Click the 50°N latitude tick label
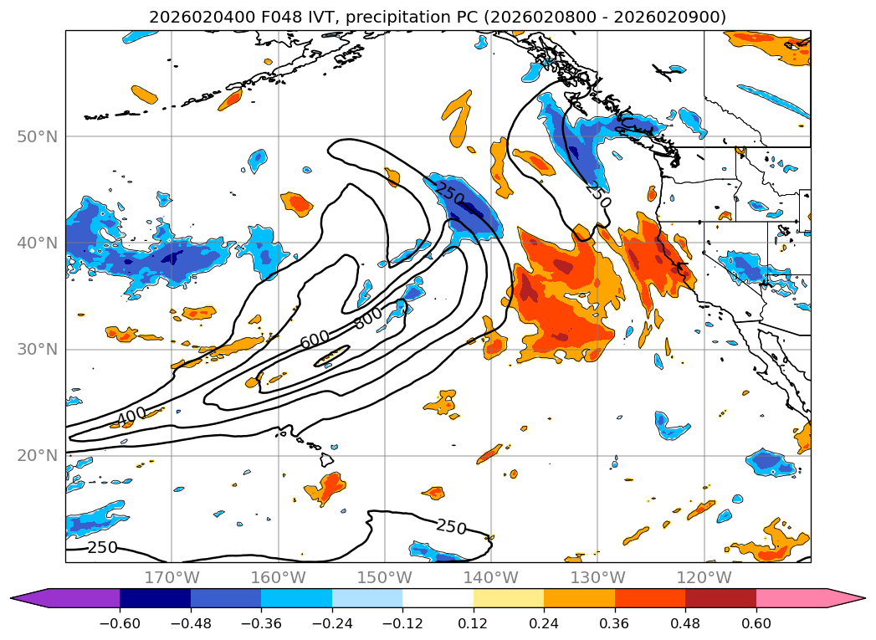point(37,137)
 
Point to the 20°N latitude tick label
point(37,456)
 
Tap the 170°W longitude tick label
point(172,577)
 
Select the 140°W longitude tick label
point(491,577)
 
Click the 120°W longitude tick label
point(704,577)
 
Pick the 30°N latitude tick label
point(37,350)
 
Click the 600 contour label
point(315,339)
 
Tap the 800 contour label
point(369,317)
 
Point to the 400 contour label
point(131,416)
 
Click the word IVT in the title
point(323,18)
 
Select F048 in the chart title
point(282,18)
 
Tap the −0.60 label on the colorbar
point(119,623)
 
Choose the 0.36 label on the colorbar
point(615,623)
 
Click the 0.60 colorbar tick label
point(756,623)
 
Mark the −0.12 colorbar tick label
point(402,623)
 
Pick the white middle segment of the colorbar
point(438,598)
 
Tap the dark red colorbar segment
point(720,598)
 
